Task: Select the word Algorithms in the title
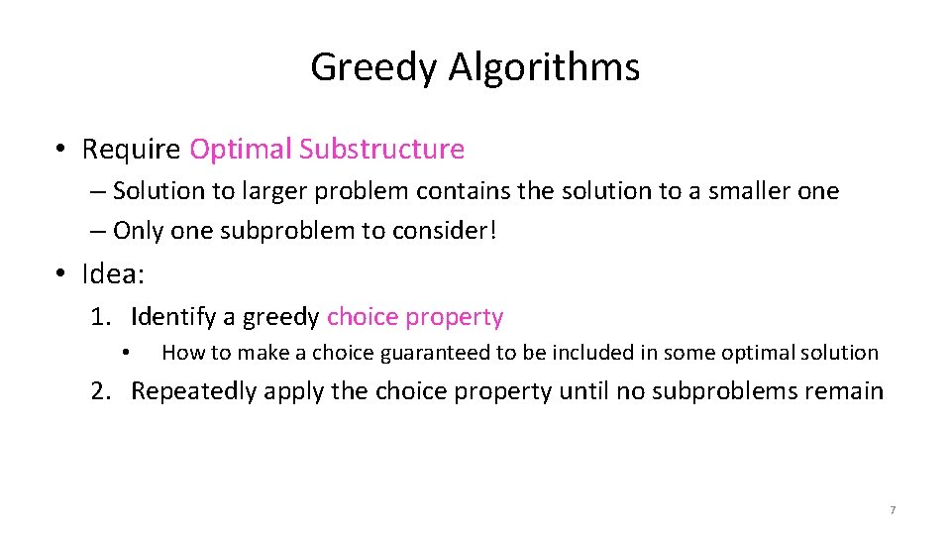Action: pyautogui.click(x=544, y=67)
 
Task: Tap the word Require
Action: pyautogui.click(x=131, y=150)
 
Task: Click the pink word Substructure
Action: pyautogui.click(x=381, y=150)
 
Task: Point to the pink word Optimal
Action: pyautogui.click(x=241, y=150)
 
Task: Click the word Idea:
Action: pyautogui.click(x=115, y=272)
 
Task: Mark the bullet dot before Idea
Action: pyautogui.click(x=61, y=272)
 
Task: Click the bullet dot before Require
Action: pyautogui.click(x=61, y=150)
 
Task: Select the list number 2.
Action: pyautogui.click(x=99, y=391)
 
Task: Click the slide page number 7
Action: pyautogui.click(x=892, y=510)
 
